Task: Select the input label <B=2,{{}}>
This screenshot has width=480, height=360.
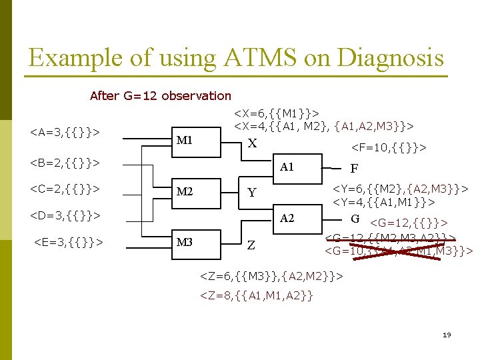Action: pyautogui.click(x=65, y=162)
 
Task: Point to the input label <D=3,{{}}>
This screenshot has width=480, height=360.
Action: pyautogui.click(x=65, y=215)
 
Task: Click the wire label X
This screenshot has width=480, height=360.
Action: pyautogui.click(x=251, y=143)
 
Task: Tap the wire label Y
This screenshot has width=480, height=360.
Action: pyautogui.click(x=251, y=193)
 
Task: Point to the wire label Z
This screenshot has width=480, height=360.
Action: pyautogui.click(x=251, y=245)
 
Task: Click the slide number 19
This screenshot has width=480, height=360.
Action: pyautogui.click(x=446, y=335)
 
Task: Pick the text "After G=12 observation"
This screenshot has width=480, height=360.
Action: pyautogui.click(x=161, y=96)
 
